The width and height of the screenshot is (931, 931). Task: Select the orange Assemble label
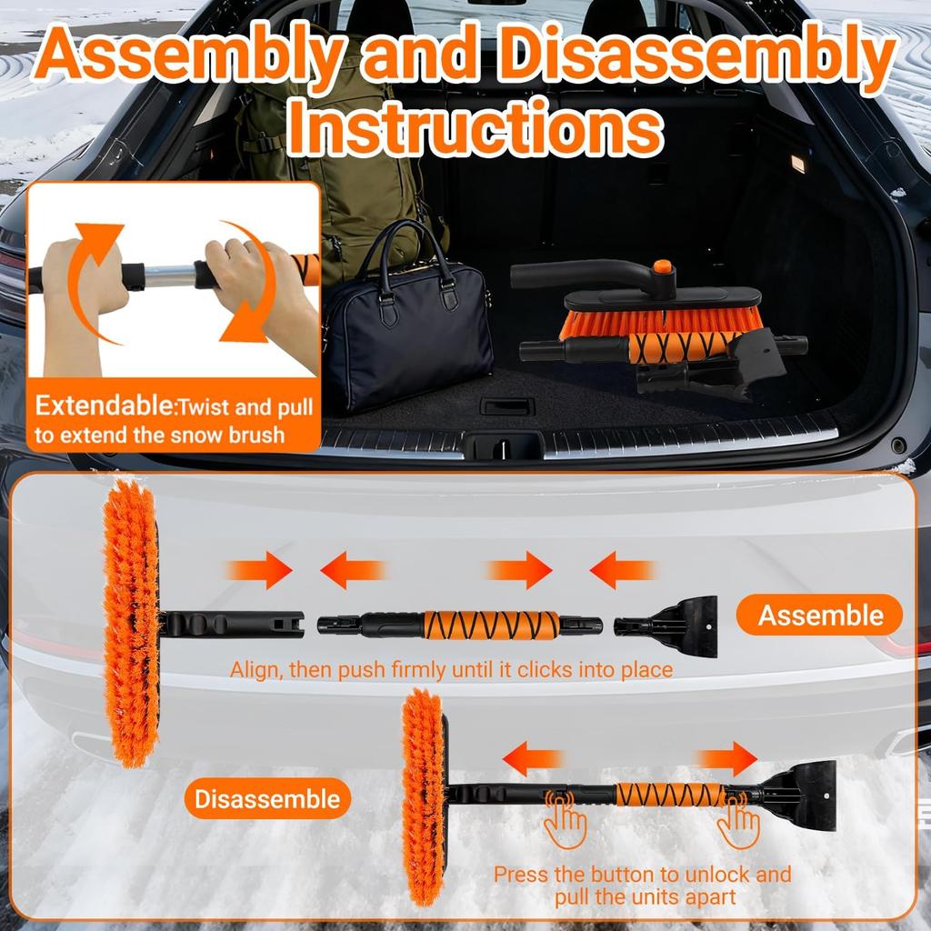[820, 616]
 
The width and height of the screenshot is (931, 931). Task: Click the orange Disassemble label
[268, 799]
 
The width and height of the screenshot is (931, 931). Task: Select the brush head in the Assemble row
[132, 623]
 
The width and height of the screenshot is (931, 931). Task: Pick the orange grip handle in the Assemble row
[490, 625]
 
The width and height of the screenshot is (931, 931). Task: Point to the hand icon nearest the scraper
[737, 823]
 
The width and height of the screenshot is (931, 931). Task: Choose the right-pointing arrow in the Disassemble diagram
[727, 758]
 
